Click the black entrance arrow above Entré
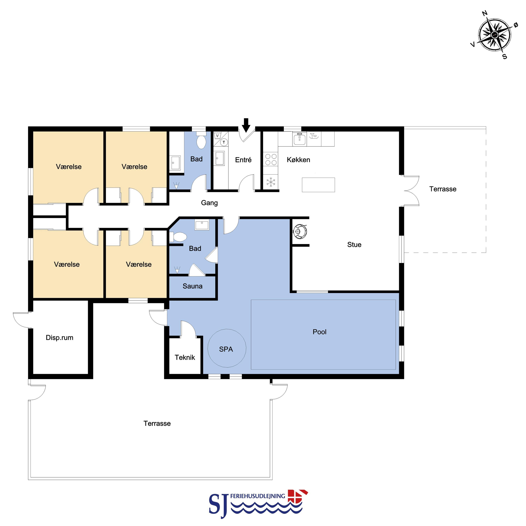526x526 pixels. click(x=246, y=125)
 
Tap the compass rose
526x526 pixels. click(x=494, y=35)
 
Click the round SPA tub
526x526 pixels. click(x=227, y=348)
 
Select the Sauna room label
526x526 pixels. click(x=192, y=286)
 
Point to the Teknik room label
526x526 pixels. click(x=185, y=357)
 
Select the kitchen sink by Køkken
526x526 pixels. click(x=299, y=139)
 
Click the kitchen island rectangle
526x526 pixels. click(x=319, y=185)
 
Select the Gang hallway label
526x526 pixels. click(x=209, y=203)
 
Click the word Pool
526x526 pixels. click(x=320, y=332)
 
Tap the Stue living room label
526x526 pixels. click(x=354, y=245)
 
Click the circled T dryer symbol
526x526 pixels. click(x=224, y=142)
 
